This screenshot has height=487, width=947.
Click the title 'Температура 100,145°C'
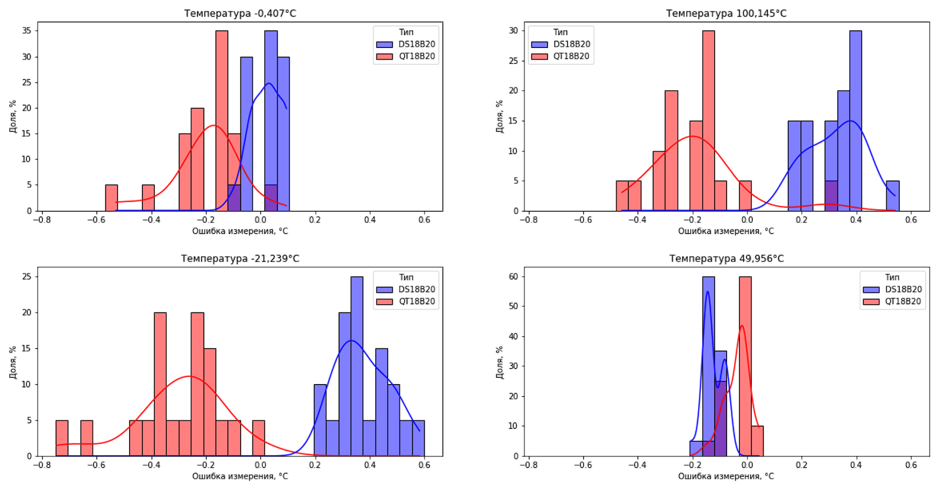point(726,13)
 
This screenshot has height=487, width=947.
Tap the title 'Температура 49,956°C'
point(726,259)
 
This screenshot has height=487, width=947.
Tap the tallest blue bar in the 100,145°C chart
point(856,120)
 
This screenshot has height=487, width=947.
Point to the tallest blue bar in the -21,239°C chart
point(357,366)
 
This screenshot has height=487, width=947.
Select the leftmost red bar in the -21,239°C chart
point(62,438)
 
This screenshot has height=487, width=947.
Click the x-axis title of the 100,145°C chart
point(726,231)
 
